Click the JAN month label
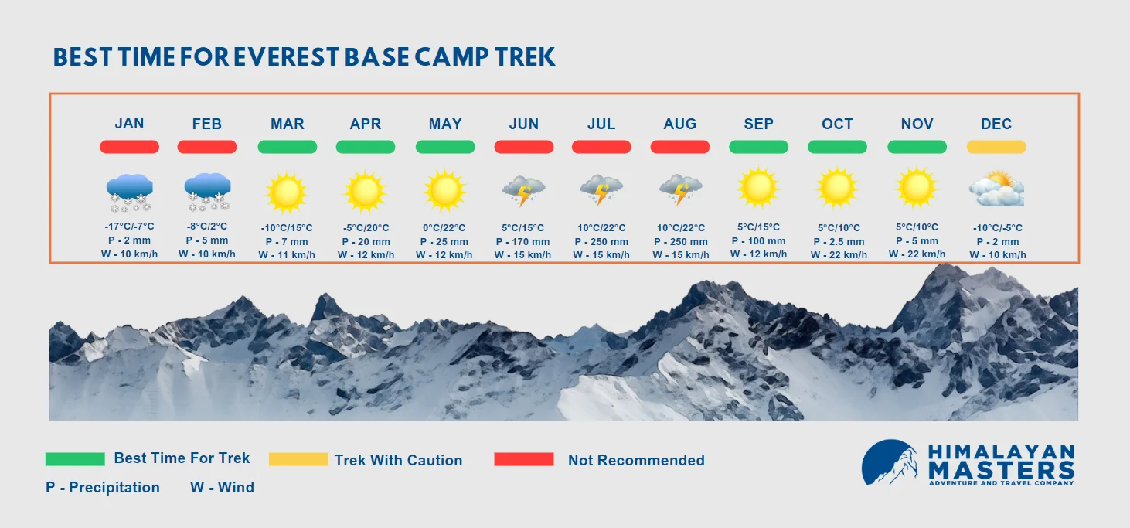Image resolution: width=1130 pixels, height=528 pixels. pos(129,123)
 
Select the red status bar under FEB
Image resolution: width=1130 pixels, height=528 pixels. pos(207,147)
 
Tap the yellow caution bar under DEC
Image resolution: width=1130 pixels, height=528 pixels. pos(996,147)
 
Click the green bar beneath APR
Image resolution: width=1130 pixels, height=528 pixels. pos(366,147)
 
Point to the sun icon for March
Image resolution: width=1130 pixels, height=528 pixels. pos(286,192)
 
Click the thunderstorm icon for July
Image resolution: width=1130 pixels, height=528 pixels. pos(601,190)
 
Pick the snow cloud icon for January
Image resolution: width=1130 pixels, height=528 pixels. pos(130,192)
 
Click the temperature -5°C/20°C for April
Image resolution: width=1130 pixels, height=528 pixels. pos(366,227)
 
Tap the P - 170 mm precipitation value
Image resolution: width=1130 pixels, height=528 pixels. pos(522,242)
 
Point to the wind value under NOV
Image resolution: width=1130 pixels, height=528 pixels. pos(917,254)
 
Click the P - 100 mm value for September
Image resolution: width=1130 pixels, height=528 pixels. pos(759,240)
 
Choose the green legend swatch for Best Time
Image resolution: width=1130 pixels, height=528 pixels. pos(75,459)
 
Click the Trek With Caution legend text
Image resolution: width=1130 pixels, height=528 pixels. pos(399,461)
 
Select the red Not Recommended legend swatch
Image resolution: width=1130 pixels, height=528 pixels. pos(523,459)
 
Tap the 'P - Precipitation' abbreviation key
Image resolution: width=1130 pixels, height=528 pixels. pos(102,487)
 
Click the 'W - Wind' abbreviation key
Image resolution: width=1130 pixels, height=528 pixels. pos(222,487)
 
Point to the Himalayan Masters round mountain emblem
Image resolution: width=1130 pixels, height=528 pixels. pos(890,462)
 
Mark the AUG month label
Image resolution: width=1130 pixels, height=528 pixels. pos(680,124)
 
